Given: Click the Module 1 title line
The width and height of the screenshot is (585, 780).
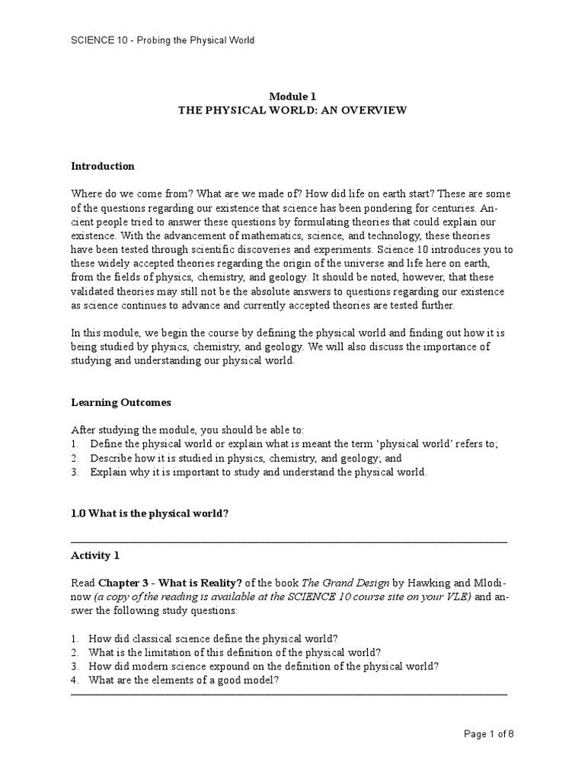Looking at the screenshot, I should point(292,96).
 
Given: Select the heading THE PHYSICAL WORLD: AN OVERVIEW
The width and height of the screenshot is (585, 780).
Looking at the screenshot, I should point(292,110).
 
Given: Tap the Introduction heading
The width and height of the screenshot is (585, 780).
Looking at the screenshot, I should point(102,166).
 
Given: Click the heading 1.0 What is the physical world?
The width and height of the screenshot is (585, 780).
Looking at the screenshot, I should point(149,513).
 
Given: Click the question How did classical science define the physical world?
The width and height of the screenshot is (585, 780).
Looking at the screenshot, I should point(213,638).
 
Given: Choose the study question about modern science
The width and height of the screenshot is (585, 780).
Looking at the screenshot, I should point(264,666).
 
